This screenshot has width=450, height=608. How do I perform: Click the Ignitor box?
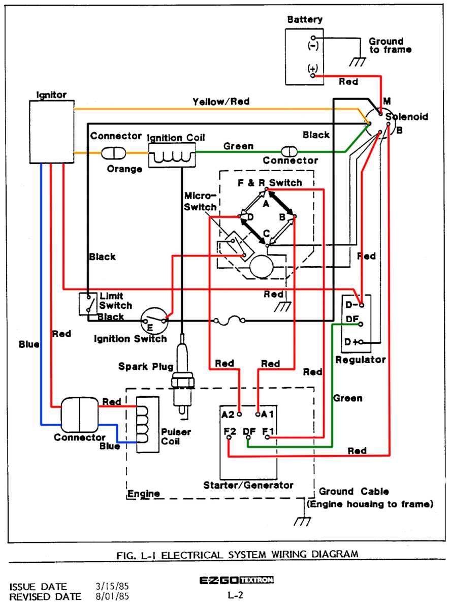click(51, 131)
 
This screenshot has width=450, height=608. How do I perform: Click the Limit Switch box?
click(88, 303)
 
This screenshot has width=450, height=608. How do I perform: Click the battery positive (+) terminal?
click(313, 75)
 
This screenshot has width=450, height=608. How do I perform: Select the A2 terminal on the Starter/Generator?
click(239, 414)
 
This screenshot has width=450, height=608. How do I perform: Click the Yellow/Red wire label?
click(221, 102)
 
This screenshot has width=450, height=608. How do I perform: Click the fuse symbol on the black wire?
click(230, 321)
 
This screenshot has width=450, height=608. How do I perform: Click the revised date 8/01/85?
click(111, 596)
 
